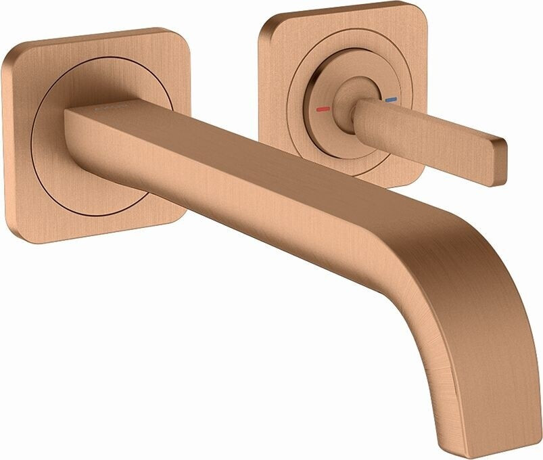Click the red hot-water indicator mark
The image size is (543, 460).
click(x=323, y=109)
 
